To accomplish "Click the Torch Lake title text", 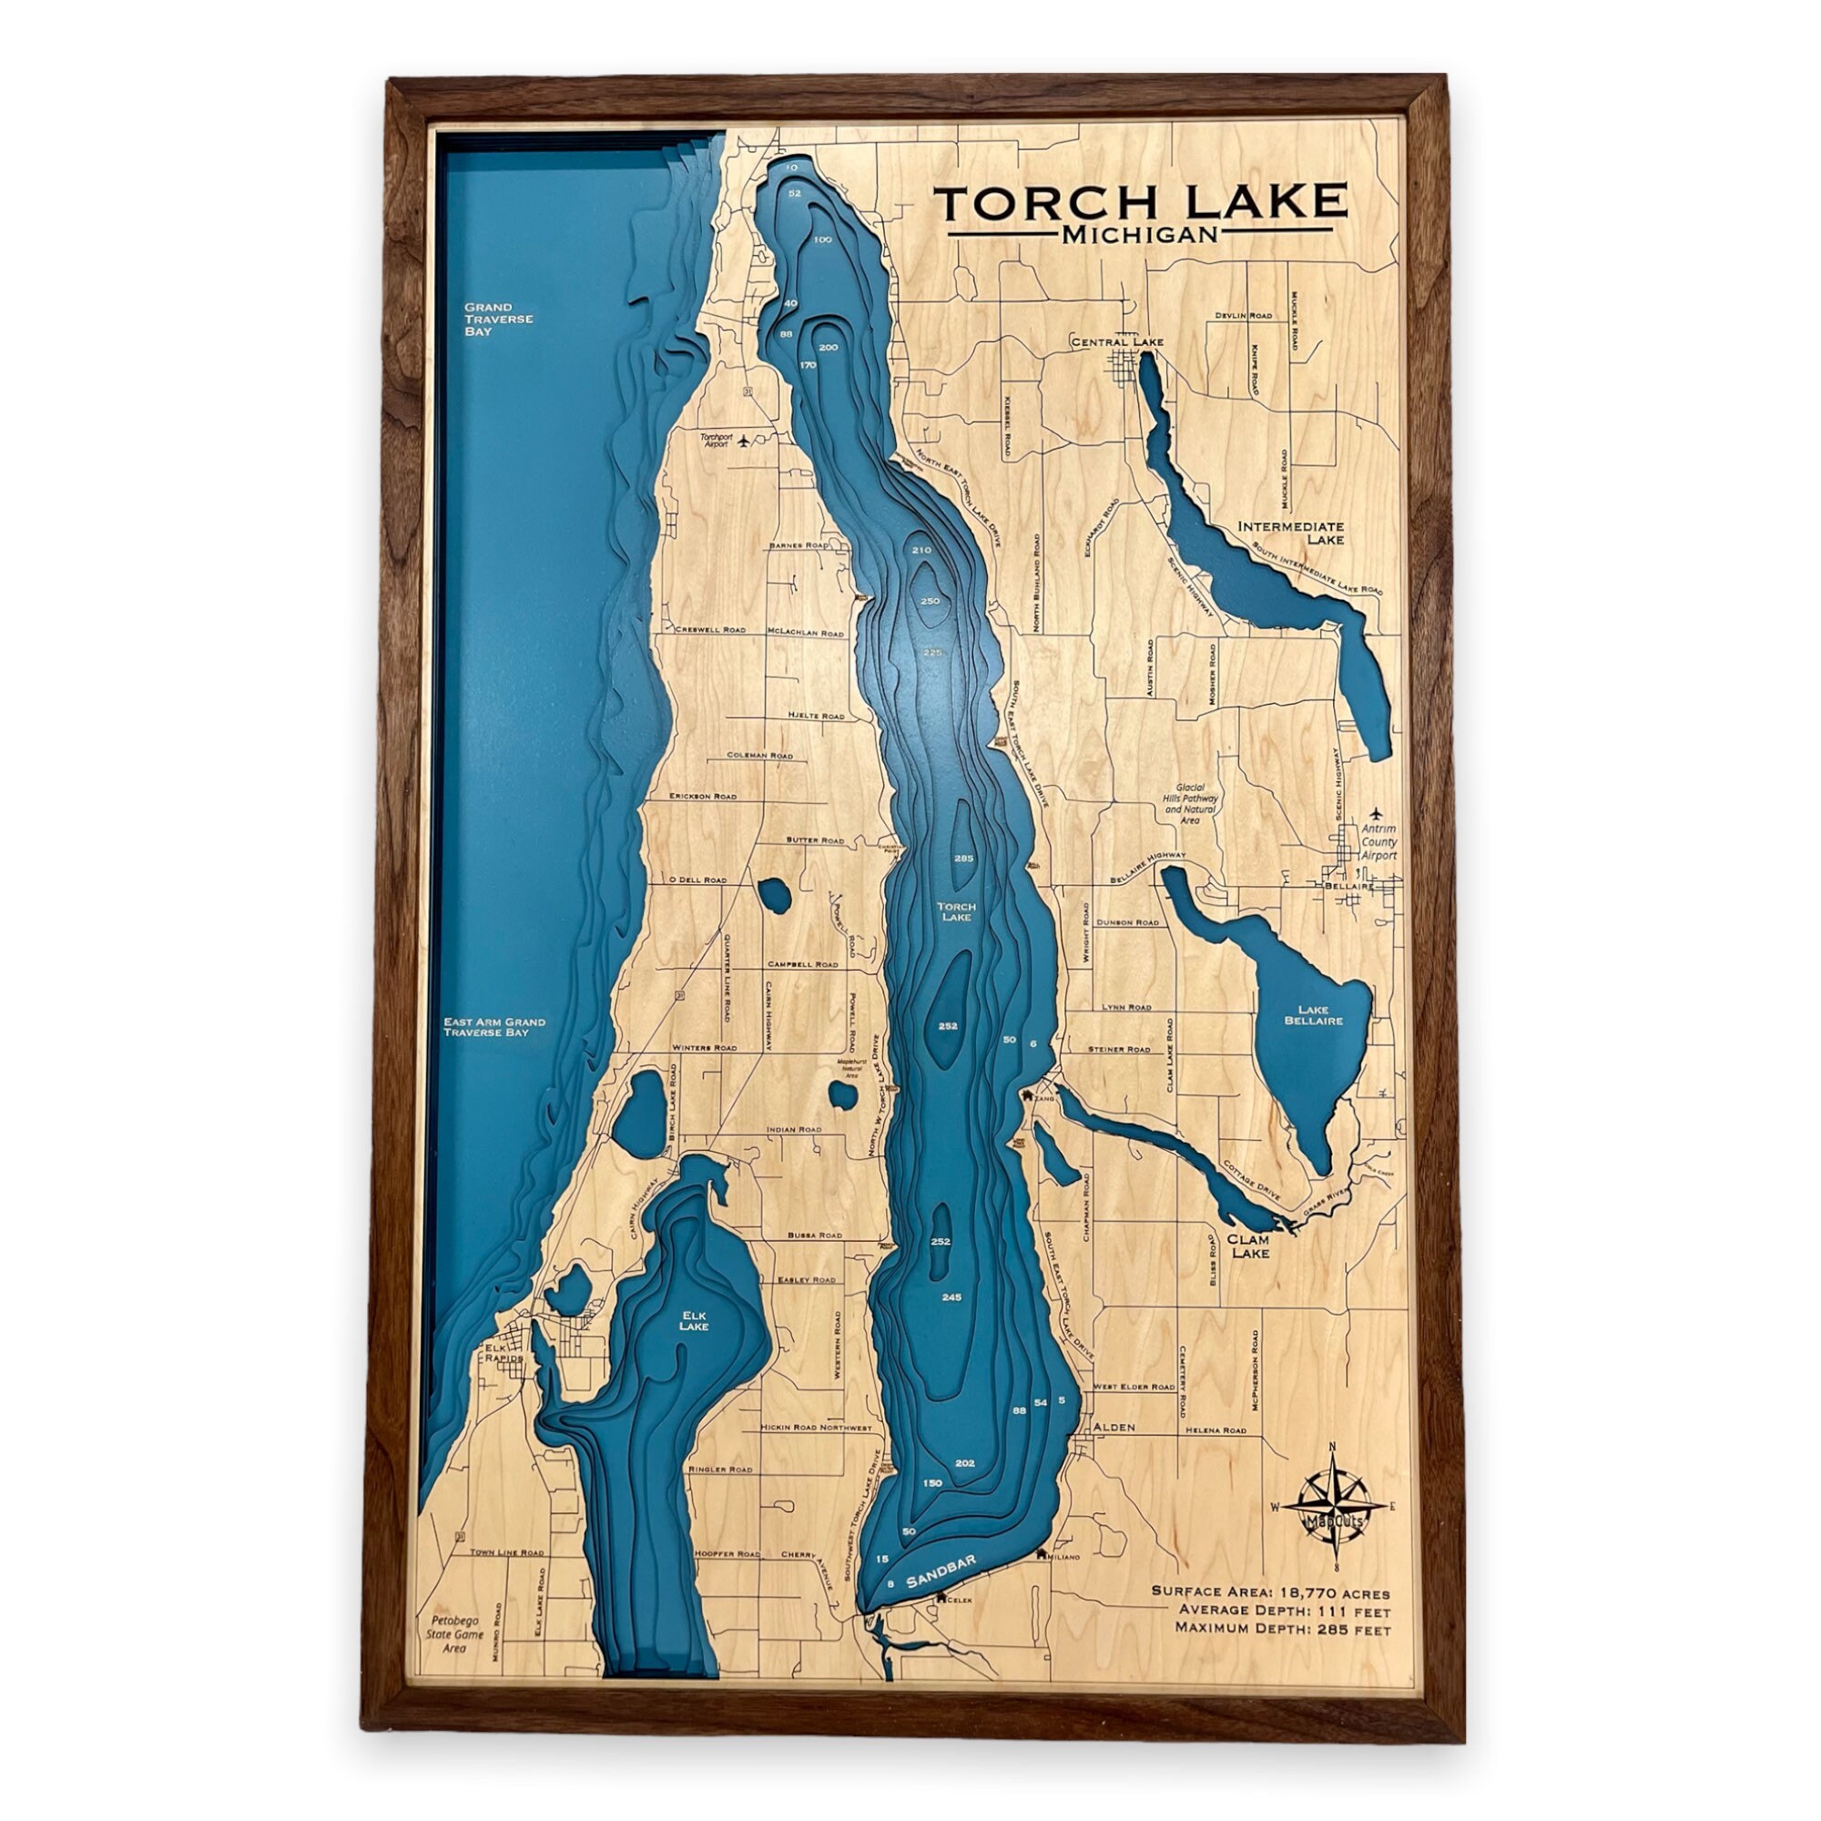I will pyautogui.click(x=1140, y=203).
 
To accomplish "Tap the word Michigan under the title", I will pyautogui.click(x=1140, y=235).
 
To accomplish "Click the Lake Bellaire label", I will pyautogui.click(x=1314, y=1014).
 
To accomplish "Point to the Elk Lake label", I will pyautogui.click(x=694, y=1320).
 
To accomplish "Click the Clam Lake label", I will pyautogui.click(x=1249, y=1246).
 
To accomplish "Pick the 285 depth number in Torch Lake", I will pyautogui.click(x=963, y=859).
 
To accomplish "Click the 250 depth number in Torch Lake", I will pyautogui.click(x=930, y=601).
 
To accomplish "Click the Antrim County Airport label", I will pyautogui.click(x=1378, y=842).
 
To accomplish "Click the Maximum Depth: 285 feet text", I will pyautogui.click(x=1283, y=1628).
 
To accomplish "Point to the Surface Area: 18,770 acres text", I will pyautogui.click(x=1270, y=1592).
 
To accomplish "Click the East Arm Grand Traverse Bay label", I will pyautogui.click(x=494, y=1027).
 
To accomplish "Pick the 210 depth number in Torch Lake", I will pyautogui.click(x=921, y=550).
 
